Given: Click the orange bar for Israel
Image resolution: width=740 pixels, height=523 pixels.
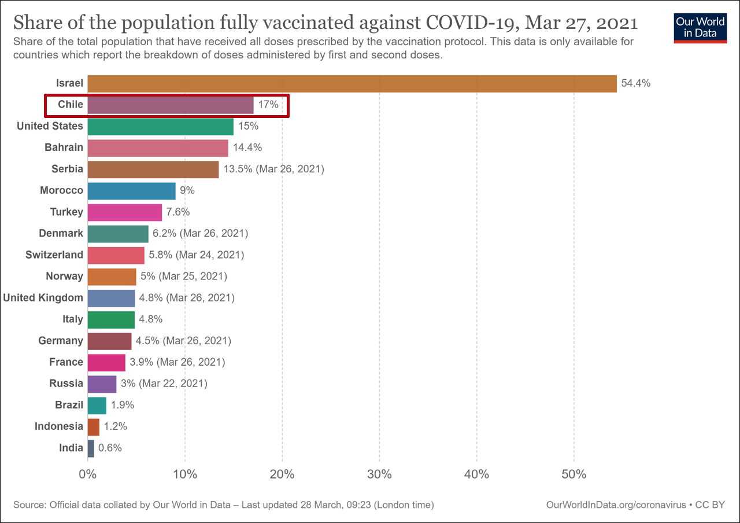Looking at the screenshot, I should (351, 83).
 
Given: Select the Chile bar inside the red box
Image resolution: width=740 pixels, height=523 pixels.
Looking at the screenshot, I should (170, 105).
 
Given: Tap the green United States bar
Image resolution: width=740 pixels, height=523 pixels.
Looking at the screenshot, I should (160, 126).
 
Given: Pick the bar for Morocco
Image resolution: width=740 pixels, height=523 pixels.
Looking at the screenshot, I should (131, 190).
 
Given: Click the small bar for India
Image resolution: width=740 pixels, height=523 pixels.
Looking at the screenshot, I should (91, 448).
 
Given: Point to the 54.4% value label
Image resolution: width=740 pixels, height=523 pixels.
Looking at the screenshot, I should (636, 83).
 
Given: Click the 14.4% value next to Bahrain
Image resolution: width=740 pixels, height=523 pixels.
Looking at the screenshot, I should (247, 148).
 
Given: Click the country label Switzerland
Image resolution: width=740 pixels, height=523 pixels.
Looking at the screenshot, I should (54, 255).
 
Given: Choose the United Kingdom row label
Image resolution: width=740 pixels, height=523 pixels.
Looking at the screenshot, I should (43, 297).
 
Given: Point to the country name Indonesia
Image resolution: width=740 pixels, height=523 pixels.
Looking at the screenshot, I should (59, 426).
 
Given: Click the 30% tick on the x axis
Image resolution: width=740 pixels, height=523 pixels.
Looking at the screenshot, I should (379, 475).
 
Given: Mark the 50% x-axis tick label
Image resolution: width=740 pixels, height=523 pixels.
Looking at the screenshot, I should (573, 475).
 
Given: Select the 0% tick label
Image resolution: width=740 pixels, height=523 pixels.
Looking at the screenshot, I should (88, 475).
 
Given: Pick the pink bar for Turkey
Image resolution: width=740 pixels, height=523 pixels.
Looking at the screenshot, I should (124, 212).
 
